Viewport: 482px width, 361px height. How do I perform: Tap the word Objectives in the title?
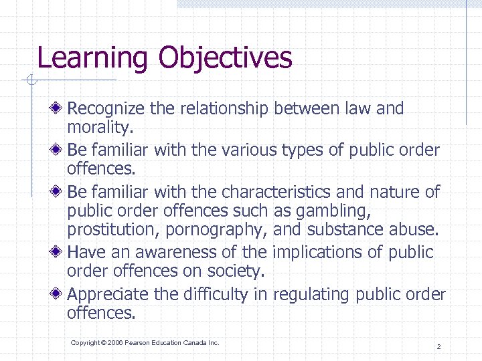pyautogui.click(x=225, y=58)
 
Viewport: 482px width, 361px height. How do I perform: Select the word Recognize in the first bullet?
pyautogui.click(x=108, y=108)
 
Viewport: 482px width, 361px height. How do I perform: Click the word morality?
pyautogui.click(x=96, y=126)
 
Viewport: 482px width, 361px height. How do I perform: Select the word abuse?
pyautogui.click(x=414, y=229)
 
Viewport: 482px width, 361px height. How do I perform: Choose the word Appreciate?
pyautogui.click(x=108, y=294)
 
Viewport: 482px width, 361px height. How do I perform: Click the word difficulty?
pyautogui.click(x=216, y=294)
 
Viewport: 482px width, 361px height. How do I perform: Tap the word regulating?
pyautogui.click(x=312, y=294)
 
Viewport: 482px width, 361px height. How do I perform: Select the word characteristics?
pyautogui.click(x=274, y=193)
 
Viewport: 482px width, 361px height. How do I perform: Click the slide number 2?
pyautogui.click(x=438, y=346)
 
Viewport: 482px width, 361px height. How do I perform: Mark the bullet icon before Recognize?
pyautogui.click(x=60, y=108)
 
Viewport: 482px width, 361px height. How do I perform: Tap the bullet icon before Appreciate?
pyautogui.click(x=60, y=293)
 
